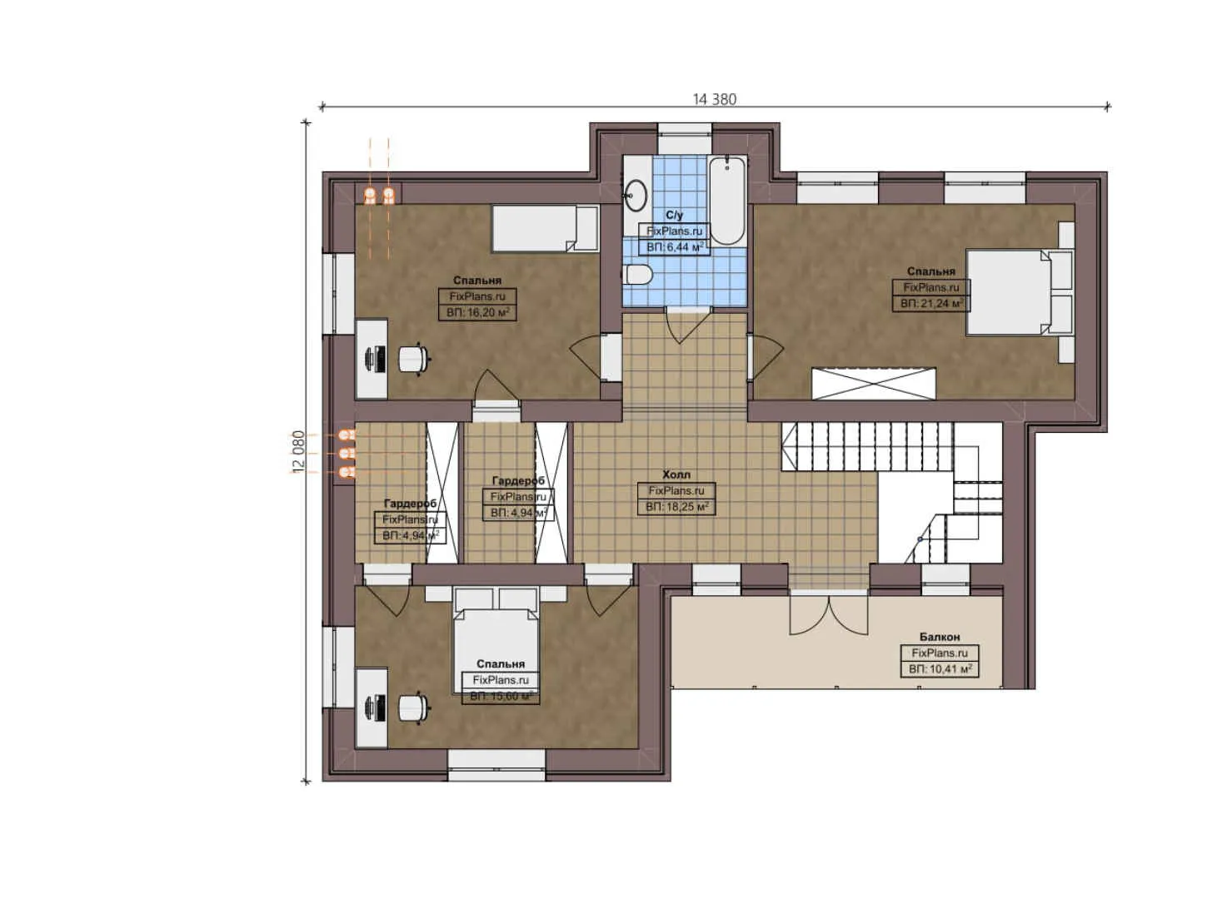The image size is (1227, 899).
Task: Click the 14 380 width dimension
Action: (x=714, y=99)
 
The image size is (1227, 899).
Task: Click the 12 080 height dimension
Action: (x=298, y=452)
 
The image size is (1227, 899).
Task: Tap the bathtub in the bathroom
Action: (x=726, y=200)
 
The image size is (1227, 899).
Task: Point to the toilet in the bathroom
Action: (x=638, y=274)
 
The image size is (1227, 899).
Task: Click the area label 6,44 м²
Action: (x=675, y=247)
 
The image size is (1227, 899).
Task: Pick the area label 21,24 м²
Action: (x=930, y=304)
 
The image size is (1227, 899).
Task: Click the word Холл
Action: (x=676, y=474)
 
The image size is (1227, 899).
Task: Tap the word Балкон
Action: (x=939, y=637)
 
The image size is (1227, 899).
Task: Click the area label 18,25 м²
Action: (x=676, y=507)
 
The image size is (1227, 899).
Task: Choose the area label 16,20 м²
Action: (x=477, y=313)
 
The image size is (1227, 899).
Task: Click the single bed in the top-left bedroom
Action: (x=544, y=228)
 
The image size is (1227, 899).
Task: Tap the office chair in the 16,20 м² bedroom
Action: (x=413, y=359)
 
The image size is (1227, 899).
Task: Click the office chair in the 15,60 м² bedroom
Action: (x=413, y=708)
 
